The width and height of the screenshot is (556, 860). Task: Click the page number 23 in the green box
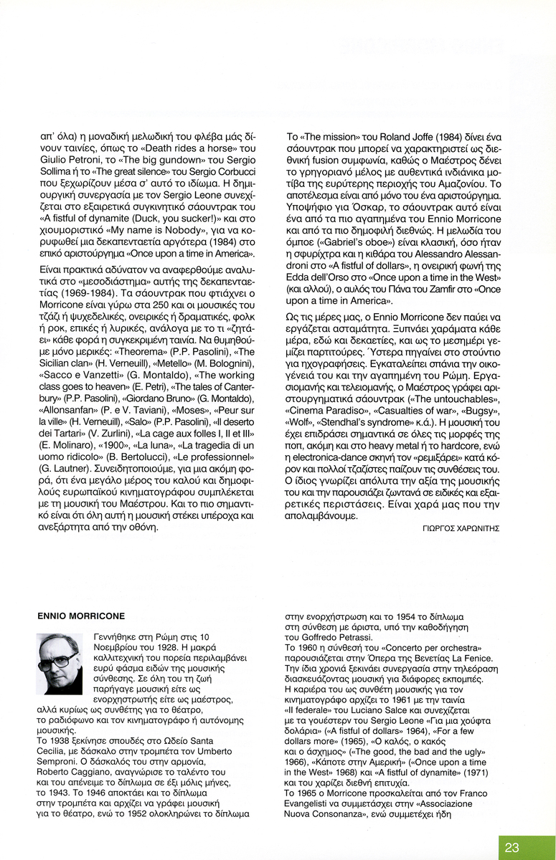pos(512,847)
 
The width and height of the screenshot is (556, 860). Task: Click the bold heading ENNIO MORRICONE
pos(80,616)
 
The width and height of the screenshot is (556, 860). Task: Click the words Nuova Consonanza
pos(329,815)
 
